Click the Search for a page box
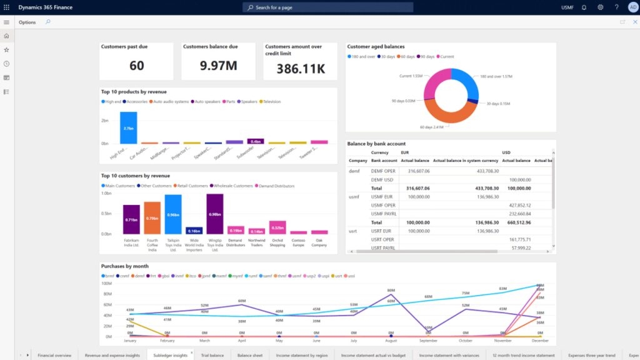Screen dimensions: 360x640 [327, 7]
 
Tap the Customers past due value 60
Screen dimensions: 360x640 [137, 66]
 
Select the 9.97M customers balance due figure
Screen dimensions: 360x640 [219, 66]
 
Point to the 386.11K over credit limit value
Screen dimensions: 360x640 [301, 68]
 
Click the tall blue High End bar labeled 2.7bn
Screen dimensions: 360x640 [128, 128]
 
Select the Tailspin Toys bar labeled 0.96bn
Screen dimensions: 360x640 [173, 214]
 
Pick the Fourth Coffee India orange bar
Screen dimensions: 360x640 [152, 218]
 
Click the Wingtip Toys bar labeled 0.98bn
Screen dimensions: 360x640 [215, 214]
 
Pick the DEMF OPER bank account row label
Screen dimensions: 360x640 [383, 169]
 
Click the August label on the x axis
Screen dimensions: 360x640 [391, 341]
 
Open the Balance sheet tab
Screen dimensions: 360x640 [249, 355]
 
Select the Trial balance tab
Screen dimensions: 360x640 [212, 355]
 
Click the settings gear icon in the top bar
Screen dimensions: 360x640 [600, 7]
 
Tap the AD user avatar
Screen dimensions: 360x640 [632, 7]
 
